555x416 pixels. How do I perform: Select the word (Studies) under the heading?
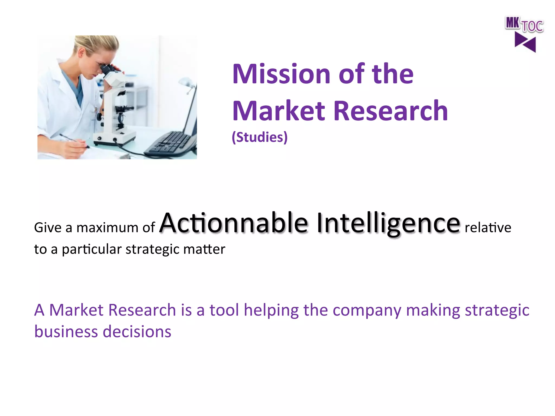pos(259,137)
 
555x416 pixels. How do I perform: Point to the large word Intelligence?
pos(388,223)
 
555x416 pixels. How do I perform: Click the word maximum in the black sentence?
pos(107,227)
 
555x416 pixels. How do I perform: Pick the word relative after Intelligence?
pos(488,227)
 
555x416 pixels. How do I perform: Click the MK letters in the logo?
pos(512,23)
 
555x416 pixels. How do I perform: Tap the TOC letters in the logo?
pos(532,27)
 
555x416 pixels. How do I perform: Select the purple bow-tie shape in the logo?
pos(525,42)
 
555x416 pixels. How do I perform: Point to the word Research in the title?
pos(390,111)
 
